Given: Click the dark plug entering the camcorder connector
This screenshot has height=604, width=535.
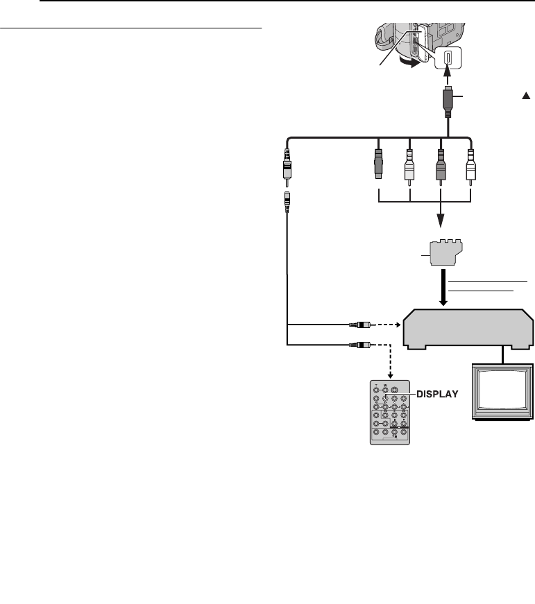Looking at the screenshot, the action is click(448, 101).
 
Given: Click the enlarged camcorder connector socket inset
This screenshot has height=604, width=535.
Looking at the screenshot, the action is click(448, 58).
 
